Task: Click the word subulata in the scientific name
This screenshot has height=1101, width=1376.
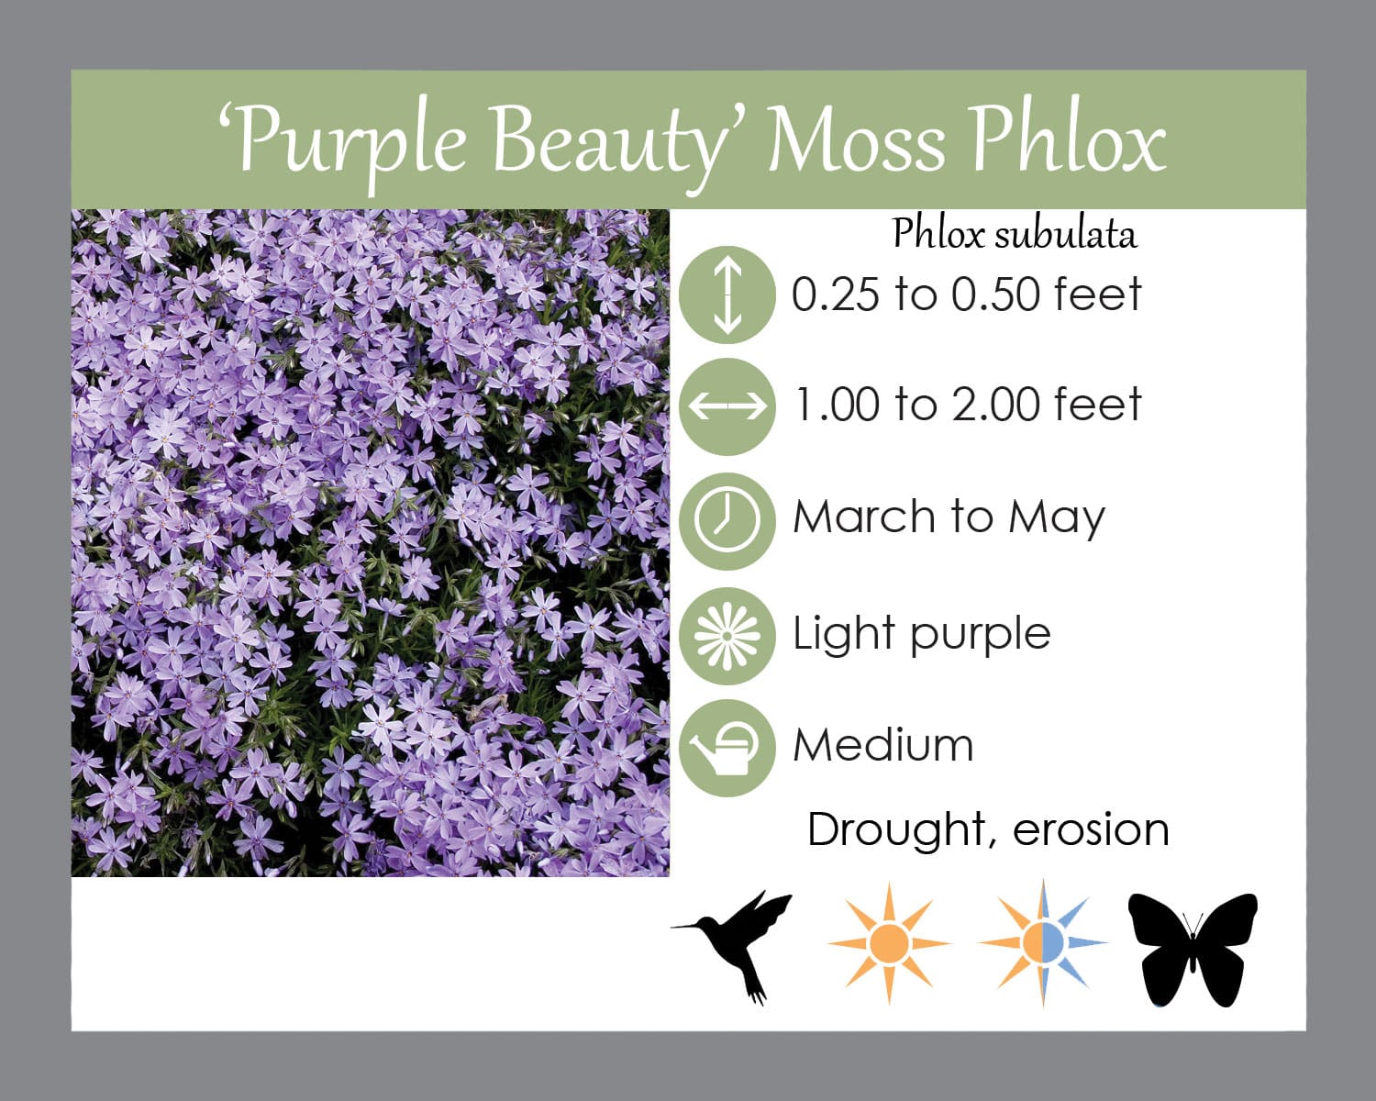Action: coord(1066,234)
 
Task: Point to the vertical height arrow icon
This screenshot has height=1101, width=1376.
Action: coord(727,295)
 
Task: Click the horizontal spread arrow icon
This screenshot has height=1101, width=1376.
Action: coord(727,406)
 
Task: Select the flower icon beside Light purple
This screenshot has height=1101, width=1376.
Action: coord(727,636)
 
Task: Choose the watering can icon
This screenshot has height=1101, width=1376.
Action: coord(727,748)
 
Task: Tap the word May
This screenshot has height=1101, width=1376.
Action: coord(1056,519)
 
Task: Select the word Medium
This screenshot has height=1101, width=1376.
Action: coord(883,745)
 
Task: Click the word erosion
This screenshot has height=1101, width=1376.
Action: coord(1092,830)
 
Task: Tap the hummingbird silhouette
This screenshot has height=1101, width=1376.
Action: coord(733,946)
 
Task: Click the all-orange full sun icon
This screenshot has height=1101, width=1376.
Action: coord(889,943)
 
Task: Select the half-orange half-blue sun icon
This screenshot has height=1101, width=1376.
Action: coord(1043,943)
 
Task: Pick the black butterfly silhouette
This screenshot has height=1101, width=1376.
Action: coord(1193,950)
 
